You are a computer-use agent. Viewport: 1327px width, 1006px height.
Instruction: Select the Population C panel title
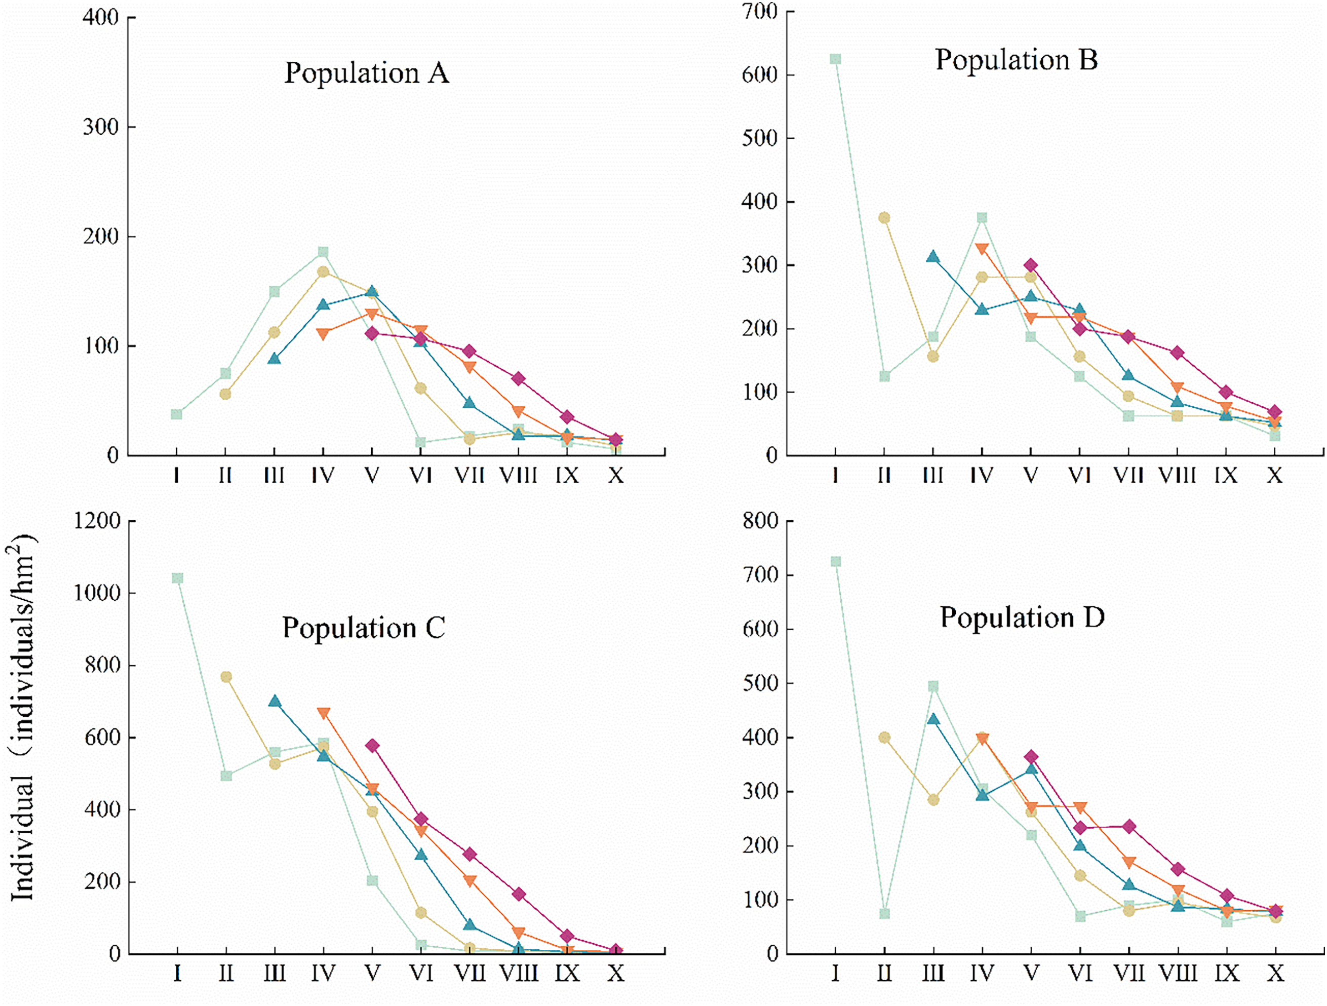click(x=364, y=629)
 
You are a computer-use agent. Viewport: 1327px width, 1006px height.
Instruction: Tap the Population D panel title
click(x=1022, y=618)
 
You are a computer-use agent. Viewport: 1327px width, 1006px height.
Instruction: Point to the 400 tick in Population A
click(x=101, y=17)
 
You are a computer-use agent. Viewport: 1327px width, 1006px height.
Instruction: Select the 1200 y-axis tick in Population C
click(x=97, y=521)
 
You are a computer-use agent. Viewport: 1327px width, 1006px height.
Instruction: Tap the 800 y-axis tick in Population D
click(x=760, y=521)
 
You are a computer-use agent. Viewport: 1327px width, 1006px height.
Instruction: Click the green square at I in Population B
click(x=836, y=59)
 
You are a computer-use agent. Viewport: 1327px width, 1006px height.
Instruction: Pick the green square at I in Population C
click(x=178, y=578)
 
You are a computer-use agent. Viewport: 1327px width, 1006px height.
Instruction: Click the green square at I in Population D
click(x=836, y=561)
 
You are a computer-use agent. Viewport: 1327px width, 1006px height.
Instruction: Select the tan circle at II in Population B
click(x=884, y=218)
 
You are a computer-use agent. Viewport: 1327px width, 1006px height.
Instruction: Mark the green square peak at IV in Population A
click(x=323, y=252)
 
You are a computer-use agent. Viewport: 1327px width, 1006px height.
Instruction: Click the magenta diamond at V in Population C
click(x=373, y=746)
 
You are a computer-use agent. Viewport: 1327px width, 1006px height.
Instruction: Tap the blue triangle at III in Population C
click(x=275, y=701)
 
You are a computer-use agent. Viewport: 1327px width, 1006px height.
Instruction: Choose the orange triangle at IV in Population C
click(x=323, y=713)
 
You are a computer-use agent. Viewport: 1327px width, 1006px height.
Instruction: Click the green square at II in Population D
click(x=884, y=914)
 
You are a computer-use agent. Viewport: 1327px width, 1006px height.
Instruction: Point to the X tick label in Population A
click(x=616, y=476)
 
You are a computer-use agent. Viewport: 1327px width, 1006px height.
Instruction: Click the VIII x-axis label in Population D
click(x=1178, y=974)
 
